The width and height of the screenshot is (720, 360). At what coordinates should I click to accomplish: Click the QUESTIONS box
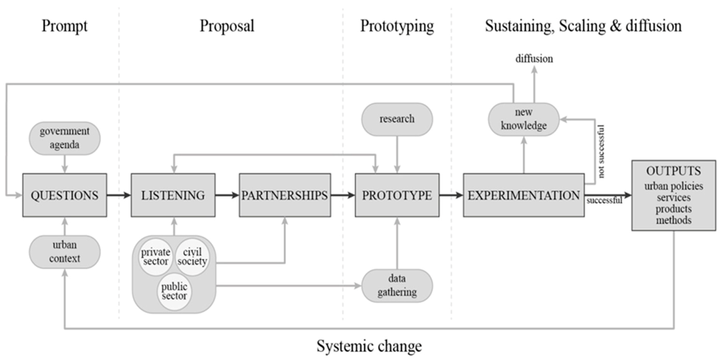point(65,195)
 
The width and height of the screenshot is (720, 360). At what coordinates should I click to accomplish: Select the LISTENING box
point(173,195)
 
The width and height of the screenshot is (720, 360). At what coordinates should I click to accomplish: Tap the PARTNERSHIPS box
point(285,195)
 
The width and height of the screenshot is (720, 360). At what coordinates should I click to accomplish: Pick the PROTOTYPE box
point(397,195)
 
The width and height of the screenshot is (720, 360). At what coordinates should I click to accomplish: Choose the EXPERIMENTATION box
point(524,195)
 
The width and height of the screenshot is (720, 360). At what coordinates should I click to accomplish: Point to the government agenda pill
point(65,138)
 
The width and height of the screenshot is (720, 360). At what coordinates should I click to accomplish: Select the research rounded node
point(397,119)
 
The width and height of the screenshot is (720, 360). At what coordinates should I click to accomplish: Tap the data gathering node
point(397,285)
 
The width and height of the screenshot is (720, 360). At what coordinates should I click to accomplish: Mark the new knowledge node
point(524,119)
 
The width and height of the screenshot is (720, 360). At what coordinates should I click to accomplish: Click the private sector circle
point(156,257)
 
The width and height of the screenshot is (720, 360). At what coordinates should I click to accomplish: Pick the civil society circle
point(192,257)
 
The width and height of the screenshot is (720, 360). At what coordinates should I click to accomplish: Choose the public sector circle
point(174,292)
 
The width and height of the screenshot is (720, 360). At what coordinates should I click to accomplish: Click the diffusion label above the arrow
point(534,59)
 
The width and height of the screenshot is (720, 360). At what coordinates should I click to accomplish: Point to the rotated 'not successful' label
point(601,151)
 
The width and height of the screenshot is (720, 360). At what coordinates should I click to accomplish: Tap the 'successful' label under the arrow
point(604,201)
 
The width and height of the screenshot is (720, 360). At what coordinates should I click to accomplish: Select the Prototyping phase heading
point(397,26)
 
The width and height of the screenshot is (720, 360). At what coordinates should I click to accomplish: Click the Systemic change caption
point(369,346)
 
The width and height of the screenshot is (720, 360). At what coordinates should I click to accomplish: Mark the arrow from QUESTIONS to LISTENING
point(119,195)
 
